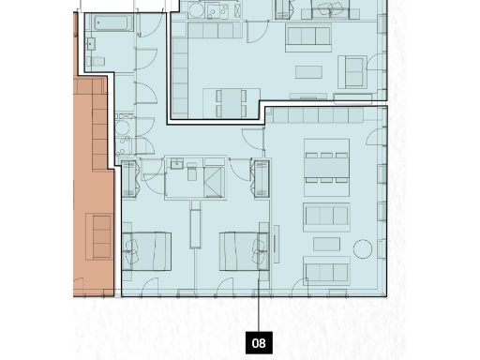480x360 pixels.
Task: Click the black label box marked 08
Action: click(x=260, y=343)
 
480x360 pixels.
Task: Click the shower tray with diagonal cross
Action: click(x=213, y=179)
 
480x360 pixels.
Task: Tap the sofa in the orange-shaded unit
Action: click(x=98, y=235)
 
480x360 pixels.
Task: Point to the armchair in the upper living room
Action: click(x=353, y=71)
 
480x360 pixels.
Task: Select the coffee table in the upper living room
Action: click(x=309, y=72)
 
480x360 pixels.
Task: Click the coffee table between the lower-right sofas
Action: click(x=325, y=243)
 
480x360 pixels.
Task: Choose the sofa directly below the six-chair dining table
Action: click(x=326, y=215)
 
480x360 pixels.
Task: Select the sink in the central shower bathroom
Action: click(x=177, y=163)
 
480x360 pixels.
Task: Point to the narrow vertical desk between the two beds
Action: click(x=195, y=228)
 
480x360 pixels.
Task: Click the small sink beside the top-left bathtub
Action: click(x=93, y=43)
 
